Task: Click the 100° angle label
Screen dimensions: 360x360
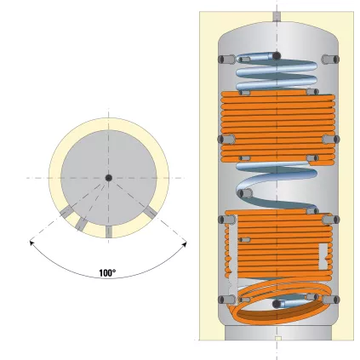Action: click(107, 273)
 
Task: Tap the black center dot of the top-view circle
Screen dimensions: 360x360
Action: click(108, 177)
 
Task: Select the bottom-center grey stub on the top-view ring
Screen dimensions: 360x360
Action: click(108, 232)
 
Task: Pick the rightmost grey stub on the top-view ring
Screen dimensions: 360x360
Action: click(149, 211)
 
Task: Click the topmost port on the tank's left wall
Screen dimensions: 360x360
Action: click(222, 59)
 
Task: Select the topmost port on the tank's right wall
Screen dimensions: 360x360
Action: click(332, 59)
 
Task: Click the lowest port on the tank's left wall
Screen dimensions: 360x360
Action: click(222, 300)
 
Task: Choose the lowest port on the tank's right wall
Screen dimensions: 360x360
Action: click(332, 300)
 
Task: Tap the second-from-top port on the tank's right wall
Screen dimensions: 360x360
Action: click(332, 139)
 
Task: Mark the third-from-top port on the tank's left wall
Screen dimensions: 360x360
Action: click(222, 219)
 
